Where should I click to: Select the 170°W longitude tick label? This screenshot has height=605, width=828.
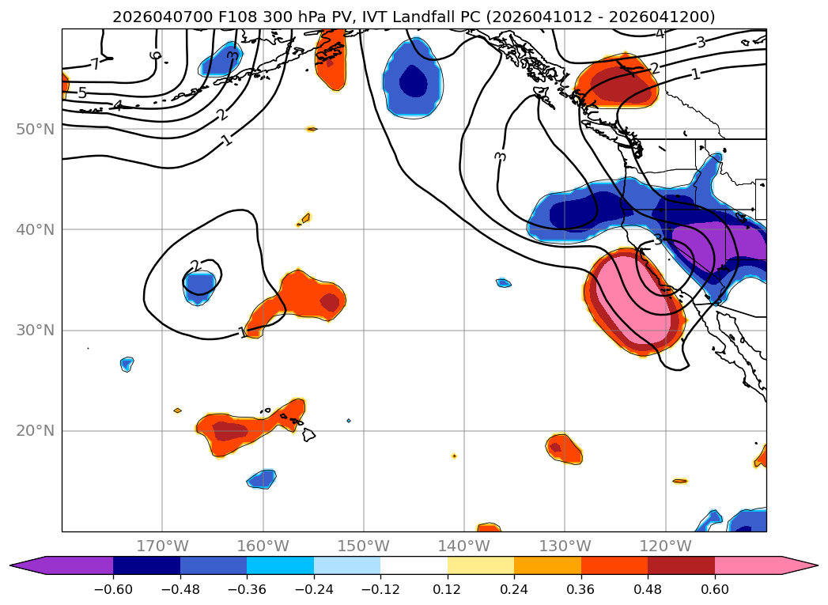[x=162, y=546]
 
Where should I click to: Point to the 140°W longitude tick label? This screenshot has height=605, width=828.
[x=464, y=546]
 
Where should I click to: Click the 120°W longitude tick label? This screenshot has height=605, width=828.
[x=665, y=546]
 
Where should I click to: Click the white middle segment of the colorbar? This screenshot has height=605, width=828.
[x=414, y=565]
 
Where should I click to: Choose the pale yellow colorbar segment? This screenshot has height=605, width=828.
[x=480, y=565]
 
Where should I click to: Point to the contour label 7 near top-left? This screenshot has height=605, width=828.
[x=95, y=64]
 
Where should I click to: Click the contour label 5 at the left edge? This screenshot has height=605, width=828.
[x=82, y=93]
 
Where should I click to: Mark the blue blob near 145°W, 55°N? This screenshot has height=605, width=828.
[x=411, y=79]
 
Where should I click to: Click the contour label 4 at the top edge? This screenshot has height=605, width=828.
[x=660, y=33]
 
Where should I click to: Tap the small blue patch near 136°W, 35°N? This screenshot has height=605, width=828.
[x=504, y=282]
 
